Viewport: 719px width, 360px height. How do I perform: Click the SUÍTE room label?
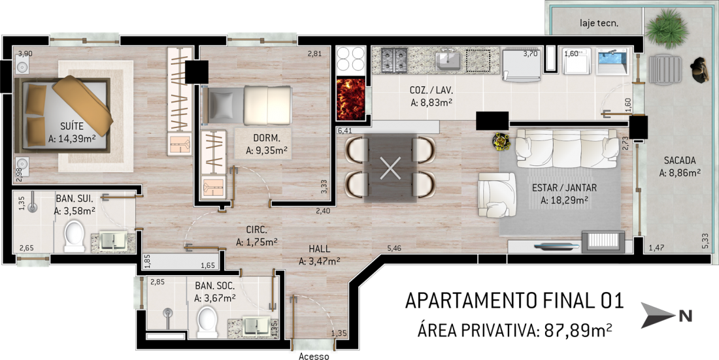click(71, 127)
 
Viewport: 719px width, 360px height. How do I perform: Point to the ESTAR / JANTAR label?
click(565, 188)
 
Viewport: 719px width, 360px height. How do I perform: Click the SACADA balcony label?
click(680, 161)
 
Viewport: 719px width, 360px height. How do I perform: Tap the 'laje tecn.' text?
click(599, 23)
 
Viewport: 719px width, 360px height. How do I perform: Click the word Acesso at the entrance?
click(314, 356)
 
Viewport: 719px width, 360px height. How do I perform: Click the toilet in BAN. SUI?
click(75, 236)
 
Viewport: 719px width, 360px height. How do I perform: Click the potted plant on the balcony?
click(666, 28)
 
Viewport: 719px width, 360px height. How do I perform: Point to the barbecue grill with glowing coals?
click(350, 99)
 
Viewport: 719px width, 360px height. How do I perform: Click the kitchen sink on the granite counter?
click(448, 61)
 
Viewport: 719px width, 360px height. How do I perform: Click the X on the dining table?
click(391, 167)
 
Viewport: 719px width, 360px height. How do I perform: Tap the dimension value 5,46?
click(394, 248)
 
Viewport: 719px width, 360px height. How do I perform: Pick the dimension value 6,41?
click(345, 131)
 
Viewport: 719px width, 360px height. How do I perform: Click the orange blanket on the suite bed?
click(82, 105)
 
